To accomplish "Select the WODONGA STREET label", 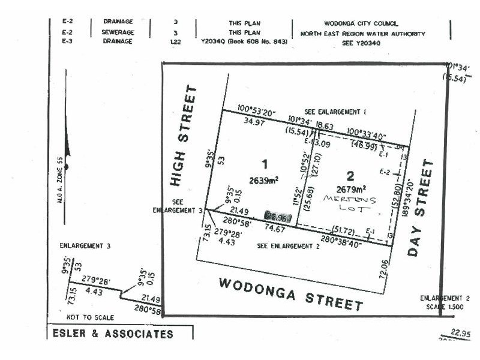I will tap(290, 293).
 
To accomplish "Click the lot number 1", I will tap(263, 163).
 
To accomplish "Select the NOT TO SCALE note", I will tap(90, 317).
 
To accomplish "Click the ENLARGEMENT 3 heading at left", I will tap(85, 246).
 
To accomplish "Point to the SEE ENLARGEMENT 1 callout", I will tap(335, 112).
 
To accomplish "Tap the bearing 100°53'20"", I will tap(256, 109).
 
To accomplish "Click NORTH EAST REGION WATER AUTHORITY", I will tap(363, 34).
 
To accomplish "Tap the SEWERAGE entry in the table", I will tap(118, 32).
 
